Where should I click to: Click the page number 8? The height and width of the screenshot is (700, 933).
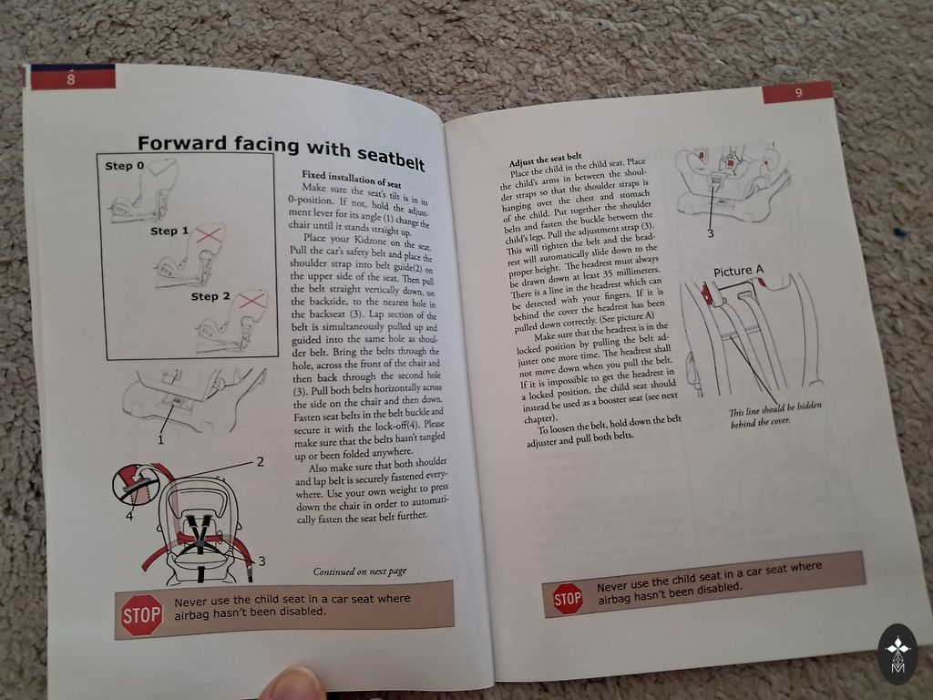pos(71,78)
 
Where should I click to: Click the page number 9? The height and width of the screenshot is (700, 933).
pos(798,93)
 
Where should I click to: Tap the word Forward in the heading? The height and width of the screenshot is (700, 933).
pos(182,143)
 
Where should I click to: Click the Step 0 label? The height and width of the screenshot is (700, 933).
pos(124,166)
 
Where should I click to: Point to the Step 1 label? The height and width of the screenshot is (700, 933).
pos(169,231)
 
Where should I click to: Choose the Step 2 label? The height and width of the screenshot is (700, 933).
pos(210,296)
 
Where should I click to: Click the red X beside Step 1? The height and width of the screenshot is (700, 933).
pos(209,234)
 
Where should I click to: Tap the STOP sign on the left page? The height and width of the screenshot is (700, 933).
pos(141,615)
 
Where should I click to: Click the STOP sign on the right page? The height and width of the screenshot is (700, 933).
pos(568,598)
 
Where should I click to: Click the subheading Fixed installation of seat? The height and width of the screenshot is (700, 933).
pos(351,179)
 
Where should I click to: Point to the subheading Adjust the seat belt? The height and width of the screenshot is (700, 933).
pos(545,160)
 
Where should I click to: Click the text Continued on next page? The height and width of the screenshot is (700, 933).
pos(359,571)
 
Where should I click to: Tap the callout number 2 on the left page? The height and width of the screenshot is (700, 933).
pos(260,461)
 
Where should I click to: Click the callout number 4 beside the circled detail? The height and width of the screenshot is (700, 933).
pos(129,516)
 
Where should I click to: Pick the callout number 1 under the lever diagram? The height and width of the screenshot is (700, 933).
pos(160,440)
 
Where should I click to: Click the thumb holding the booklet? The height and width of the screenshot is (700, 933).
pos(292,684)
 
